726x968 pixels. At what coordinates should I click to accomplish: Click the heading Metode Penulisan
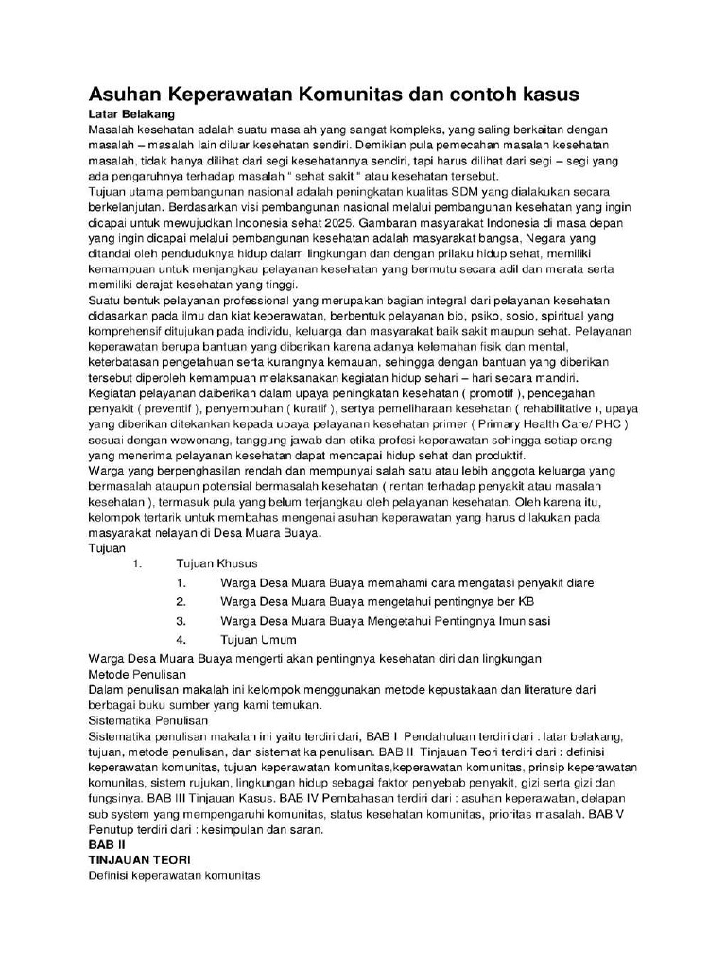coord(137,675)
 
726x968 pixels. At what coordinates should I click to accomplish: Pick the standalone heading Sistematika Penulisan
coord(147,720)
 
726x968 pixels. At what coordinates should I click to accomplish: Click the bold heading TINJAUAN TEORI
coord(139,860)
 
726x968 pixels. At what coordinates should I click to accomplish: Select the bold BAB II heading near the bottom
coord(107,844)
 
